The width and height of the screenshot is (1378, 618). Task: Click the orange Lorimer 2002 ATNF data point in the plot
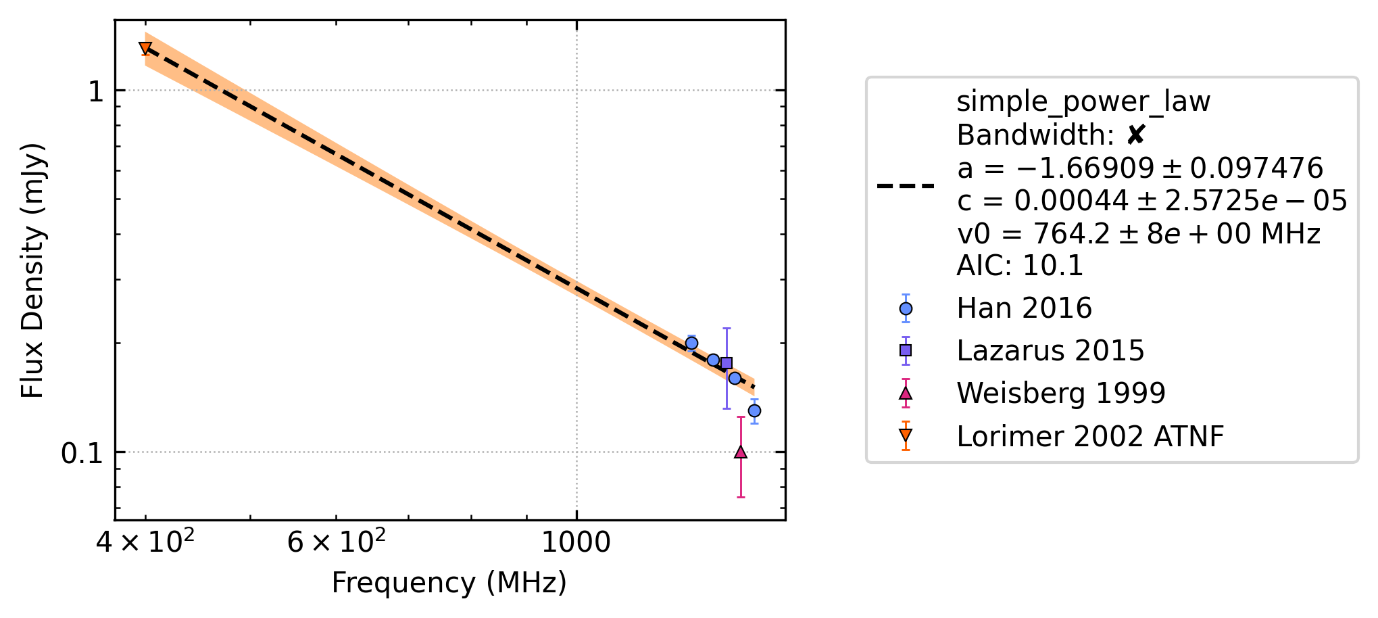145,48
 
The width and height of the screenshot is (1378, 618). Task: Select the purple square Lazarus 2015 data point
727,363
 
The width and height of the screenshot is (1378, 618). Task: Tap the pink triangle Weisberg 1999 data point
741,452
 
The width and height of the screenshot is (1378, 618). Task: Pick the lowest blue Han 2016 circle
755,410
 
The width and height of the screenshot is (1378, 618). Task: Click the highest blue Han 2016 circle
691,343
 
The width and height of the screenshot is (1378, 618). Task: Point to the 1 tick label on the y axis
96,91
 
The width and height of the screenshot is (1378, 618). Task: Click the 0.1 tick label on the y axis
82,453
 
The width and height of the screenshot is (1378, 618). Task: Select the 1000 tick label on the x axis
576,542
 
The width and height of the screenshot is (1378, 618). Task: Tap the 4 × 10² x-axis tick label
145,541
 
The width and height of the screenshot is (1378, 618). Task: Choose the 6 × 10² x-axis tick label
336,541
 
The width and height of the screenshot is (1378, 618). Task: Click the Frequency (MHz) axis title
449,583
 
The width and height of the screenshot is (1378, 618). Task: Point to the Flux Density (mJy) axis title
32,270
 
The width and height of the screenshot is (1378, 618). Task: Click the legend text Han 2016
1024,308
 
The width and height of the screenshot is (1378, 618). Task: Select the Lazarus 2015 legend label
1050,351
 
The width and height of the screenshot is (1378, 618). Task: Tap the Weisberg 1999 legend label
1061,393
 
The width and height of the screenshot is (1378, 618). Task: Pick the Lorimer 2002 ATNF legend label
1090,436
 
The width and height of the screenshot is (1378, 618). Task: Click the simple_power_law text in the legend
1083,102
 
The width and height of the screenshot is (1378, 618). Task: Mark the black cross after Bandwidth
1136,135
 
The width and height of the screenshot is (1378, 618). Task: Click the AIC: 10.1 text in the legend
1020,266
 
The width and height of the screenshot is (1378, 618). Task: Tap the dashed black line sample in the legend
906,185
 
